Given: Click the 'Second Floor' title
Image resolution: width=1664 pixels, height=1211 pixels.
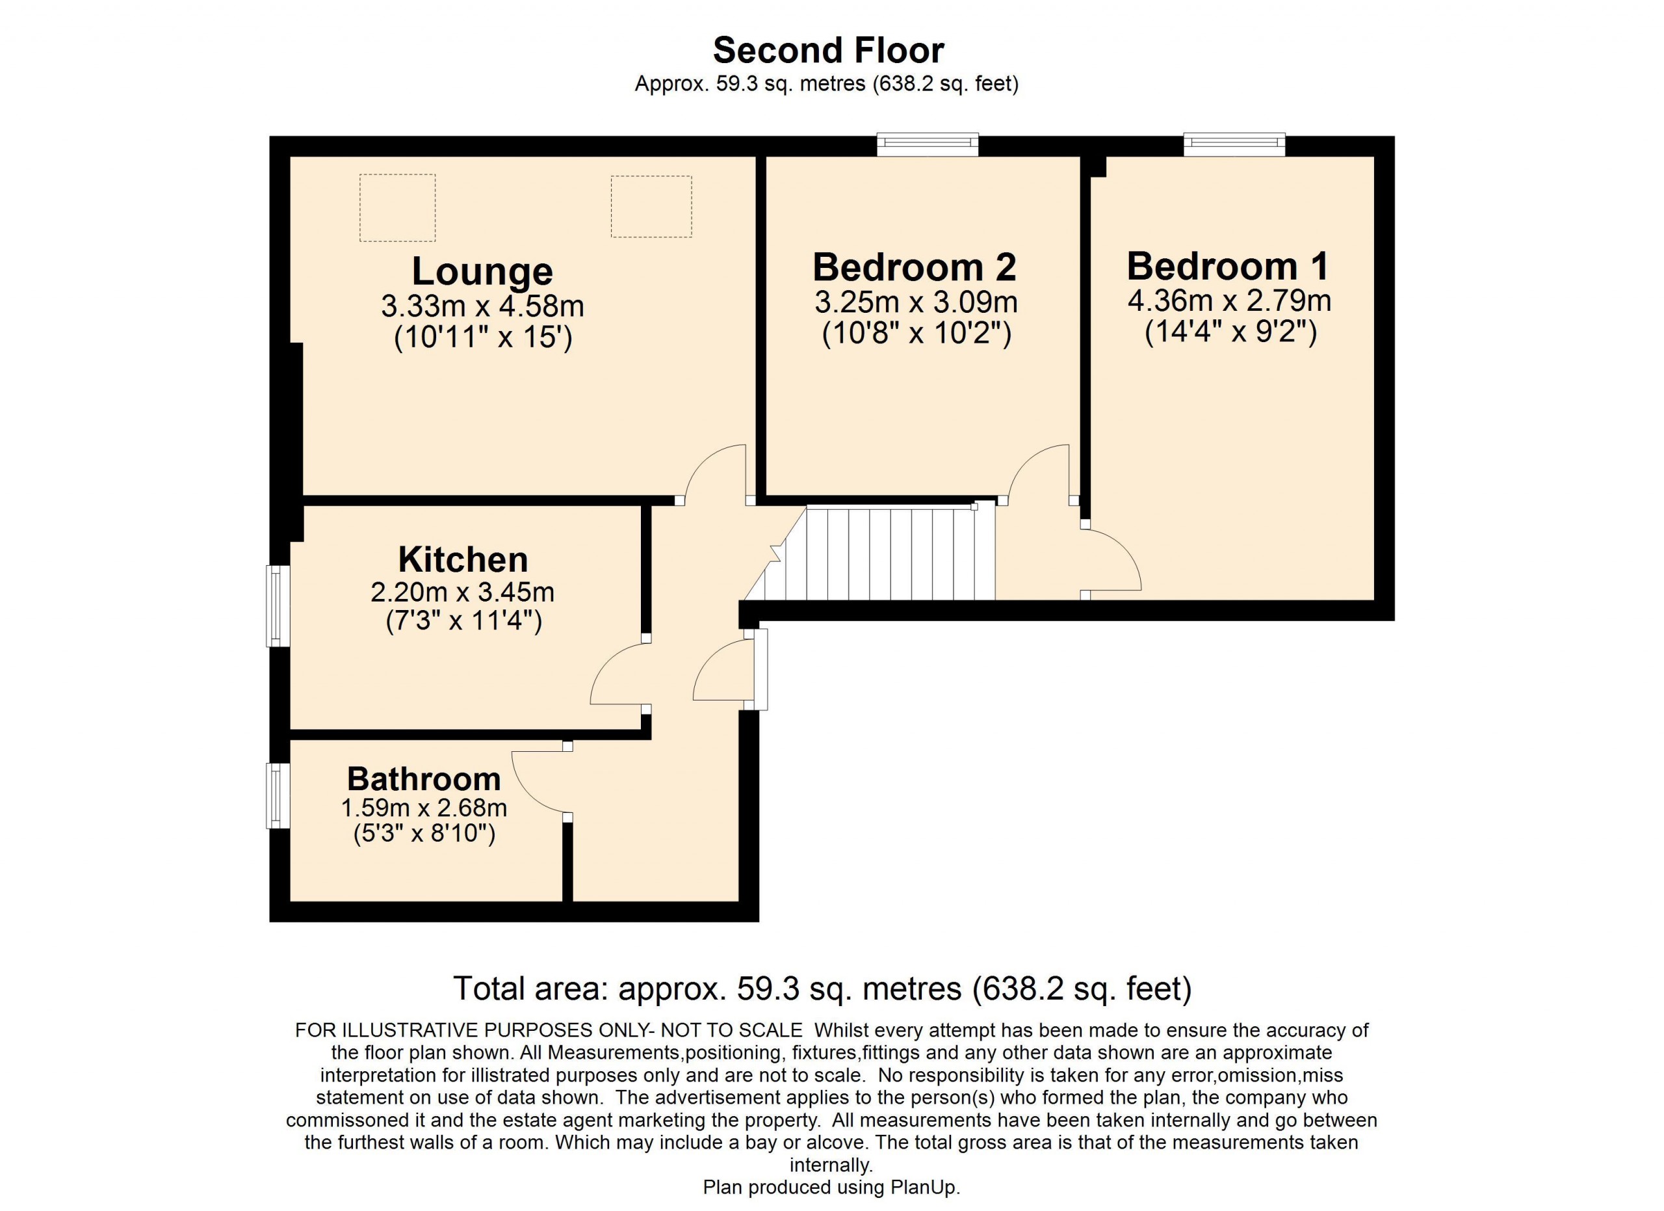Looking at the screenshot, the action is coord(828,51).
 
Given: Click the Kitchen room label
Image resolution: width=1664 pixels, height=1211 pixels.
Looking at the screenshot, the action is coord(463,559).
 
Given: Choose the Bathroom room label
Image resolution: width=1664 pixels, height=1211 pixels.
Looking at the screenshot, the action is coord(424,778).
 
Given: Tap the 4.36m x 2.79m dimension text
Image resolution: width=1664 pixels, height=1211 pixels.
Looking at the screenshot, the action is coord(1230,300).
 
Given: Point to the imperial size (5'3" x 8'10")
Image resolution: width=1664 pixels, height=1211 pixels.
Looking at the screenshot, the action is coord(424,833).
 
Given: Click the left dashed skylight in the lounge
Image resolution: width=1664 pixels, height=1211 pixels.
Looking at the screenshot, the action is coord(397,207).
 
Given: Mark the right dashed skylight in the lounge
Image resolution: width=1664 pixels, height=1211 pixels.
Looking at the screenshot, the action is coord(651,206).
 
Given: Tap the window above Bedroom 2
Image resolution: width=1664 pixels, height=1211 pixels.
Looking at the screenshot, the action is coord(928,144).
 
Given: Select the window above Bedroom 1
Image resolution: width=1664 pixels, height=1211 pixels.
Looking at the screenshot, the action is coord(1235,144).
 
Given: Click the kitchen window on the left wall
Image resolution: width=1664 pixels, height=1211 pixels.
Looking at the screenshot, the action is coord(278,605).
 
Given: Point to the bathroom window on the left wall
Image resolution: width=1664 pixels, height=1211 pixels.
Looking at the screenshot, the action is coord(278,795).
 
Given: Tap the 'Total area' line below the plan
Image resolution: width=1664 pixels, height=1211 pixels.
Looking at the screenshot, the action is coord(822,989).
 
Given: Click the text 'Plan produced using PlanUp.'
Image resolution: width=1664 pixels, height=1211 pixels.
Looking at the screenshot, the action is coord(831,1187).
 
